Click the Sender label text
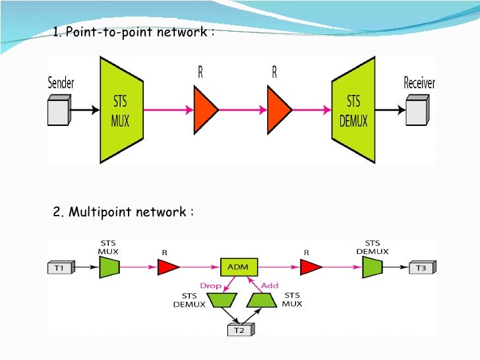click(x=61, y=83)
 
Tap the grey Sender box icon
click(x=59, y=111)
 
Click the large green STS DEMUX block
click(x=354, y=109)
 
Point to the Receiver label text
click(x=419, y=83)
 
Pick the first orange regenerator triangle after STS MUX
click(x=205, y=109)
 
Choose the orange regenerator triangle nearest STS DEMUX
click(x=280, y=109)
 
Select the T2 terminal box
click(x=240, y=331)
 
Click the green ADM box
click(x=238, y=267)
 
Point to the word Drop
click(x=211, y=285)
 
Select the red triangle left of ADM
click(x=168, y=267)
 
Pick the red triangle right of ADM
click(x=311, y=267)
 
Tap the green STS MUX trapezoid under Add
click(x=261, y=301)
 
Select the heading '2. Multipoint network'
click(x=123, y=212)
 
